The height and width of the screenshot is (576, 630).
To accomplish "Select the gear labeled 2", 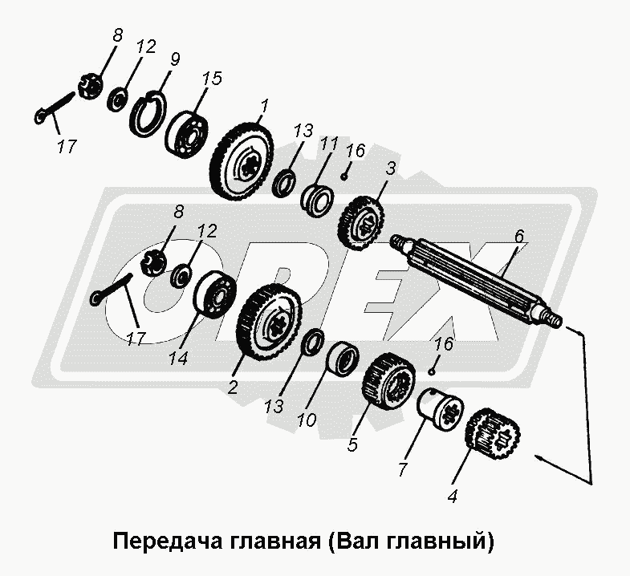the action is pyautogui.click(x=268, y=323).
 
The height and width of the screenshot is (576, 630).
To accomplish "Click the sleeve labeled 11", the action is pyautogui.click(x=318, y=200).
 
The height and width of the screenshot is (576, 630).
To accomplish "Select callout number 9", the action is pyautogui.click(x=175, y=59).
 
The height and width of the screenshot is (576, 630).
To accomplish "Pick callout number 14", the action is pyautogui.click(x=178, y=358).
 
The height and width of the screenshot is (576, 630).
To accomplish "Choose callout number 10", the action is pyautogui.click(x=307, y=420).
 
